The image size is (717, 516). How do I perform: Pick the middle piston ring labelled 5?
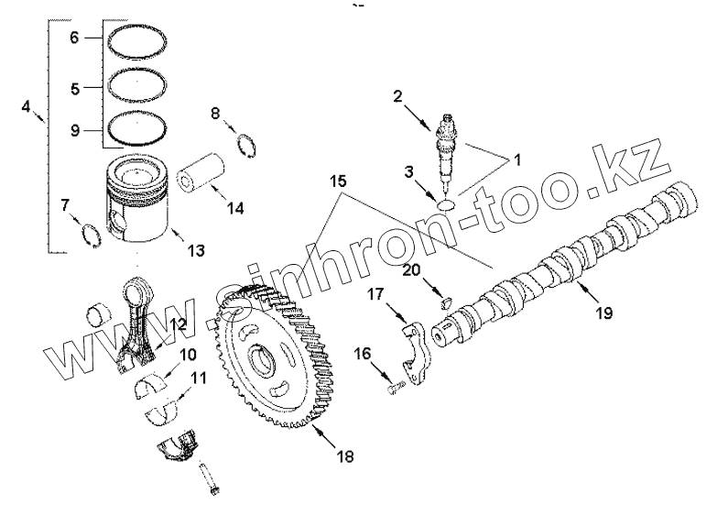pyautogui.click(x=138, y=88)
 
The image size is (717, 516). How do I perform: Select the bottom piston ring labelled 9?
pyautogui.click(x=138, y=129)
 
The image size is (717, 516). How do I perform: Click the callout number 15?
pyautogui.click(x=340, y=182)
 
